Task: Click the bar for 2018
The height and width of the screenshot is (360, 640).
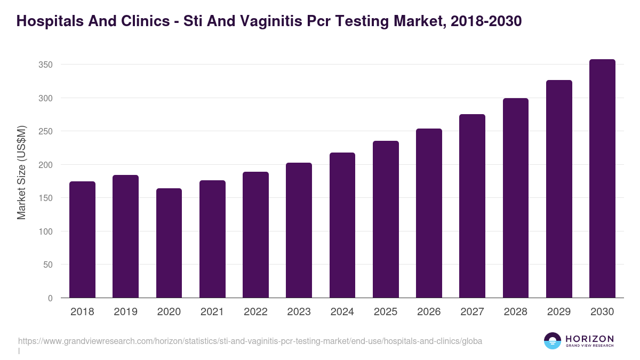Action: coord(82,239)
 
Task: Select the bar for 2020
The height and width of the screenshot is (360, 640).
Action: coord(169,243)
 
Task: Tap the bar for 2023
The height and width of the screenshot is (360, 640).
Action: coord(299,230)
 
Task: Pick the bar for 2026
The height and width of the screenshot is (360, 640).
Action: coord(429,213)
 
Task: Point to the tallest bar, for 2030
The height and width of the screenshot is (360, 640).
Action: coord(602,178)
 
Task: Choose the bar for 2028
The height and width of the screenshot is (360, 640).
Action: coord(515,198)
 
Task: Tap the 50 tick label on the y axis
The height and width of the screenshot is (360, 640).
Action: coord(48,265)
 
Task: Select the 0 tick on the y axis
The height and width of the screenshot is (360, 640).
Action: coord(50,298)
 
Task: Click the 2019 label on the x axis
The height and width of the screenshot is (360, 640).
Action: coord(125,312)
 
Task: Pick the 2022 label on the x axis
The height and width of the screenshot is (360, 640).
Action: coord(255,312)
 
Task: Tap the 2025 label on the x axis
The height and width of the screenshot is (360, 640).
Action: coord(386,312)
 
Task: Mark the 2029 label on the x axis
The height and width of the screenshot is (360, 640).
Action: coord(559,312)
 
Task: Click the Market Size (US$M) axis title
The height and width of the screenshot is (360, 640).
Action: coord(21,173)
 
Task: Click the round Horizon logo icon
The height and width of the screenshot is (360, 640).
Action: coord(553,341)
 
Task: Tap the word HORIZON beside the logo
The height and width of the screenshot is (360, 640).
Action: coord(589,339)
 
